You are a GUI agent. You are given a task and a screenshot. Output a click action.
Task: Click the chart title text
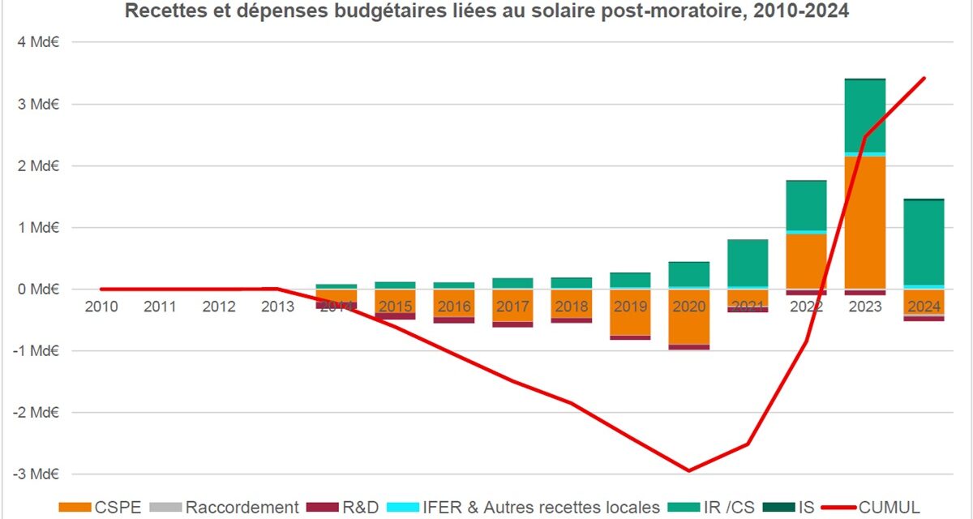(x=486, y=12)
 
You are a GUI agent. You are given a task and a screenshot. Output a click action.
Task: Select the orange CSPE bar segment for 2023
(x=865, y=223)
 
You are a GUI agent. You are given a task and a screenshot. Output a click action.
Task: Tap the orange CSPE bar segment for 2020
(x=688, y=317)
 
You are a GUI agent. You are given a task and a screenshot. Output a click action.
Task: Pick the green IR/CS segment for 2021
(x=748, y=263)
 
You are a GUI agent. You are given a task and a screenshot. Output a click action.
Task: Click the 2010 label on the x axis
(x=101, y=307)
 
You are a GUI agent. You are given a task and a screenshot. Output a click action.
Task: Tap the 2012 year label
(x=219, y=307)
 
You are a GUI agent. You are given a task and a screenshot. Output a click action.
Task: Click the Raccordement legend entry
(x=227, y=508)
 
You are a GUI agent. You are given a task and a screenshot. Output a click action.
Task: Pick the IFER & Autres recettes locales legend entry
(x=523, y=508)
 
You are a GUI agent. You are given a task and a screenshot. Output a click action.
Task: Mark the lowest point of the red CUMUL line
(x=688, y=470)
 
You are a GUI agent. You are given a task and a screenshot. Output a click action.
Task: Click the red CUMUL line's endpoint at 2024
(x=924, y=78)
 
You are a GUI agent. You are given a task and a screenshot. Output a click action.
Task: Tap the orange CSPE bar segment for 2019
(x=630, y=312)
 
